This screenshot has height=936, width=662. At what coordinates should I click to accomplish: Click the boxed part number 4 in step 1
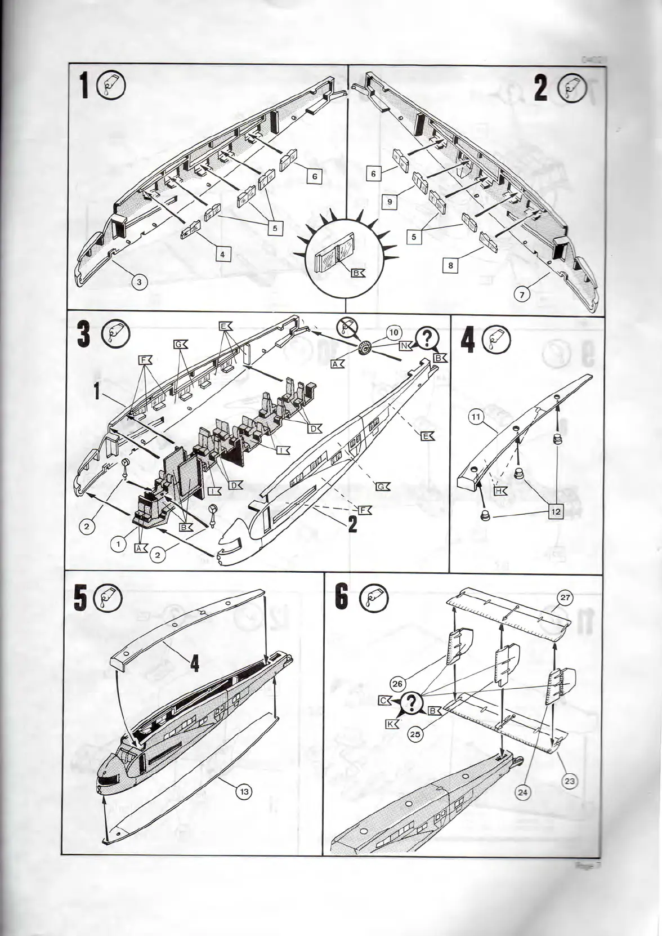pos(223,255)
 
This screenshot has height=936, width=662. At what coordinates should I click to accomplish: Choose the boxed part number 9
pos(390,201)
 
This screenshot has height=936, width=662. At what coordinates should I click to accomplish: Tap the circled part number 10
pos(394,334)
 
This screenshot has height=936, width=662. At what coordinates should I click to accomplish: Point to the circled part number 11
pos(476,418)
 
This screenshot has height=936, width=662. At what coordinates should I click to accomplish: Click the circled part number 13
pos(244,791)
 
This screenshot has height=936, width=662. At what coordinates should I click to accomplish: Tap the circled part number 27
pos(565,598)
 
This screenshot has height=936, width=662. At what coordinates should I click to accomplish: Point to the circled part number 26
pos(397,684)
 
